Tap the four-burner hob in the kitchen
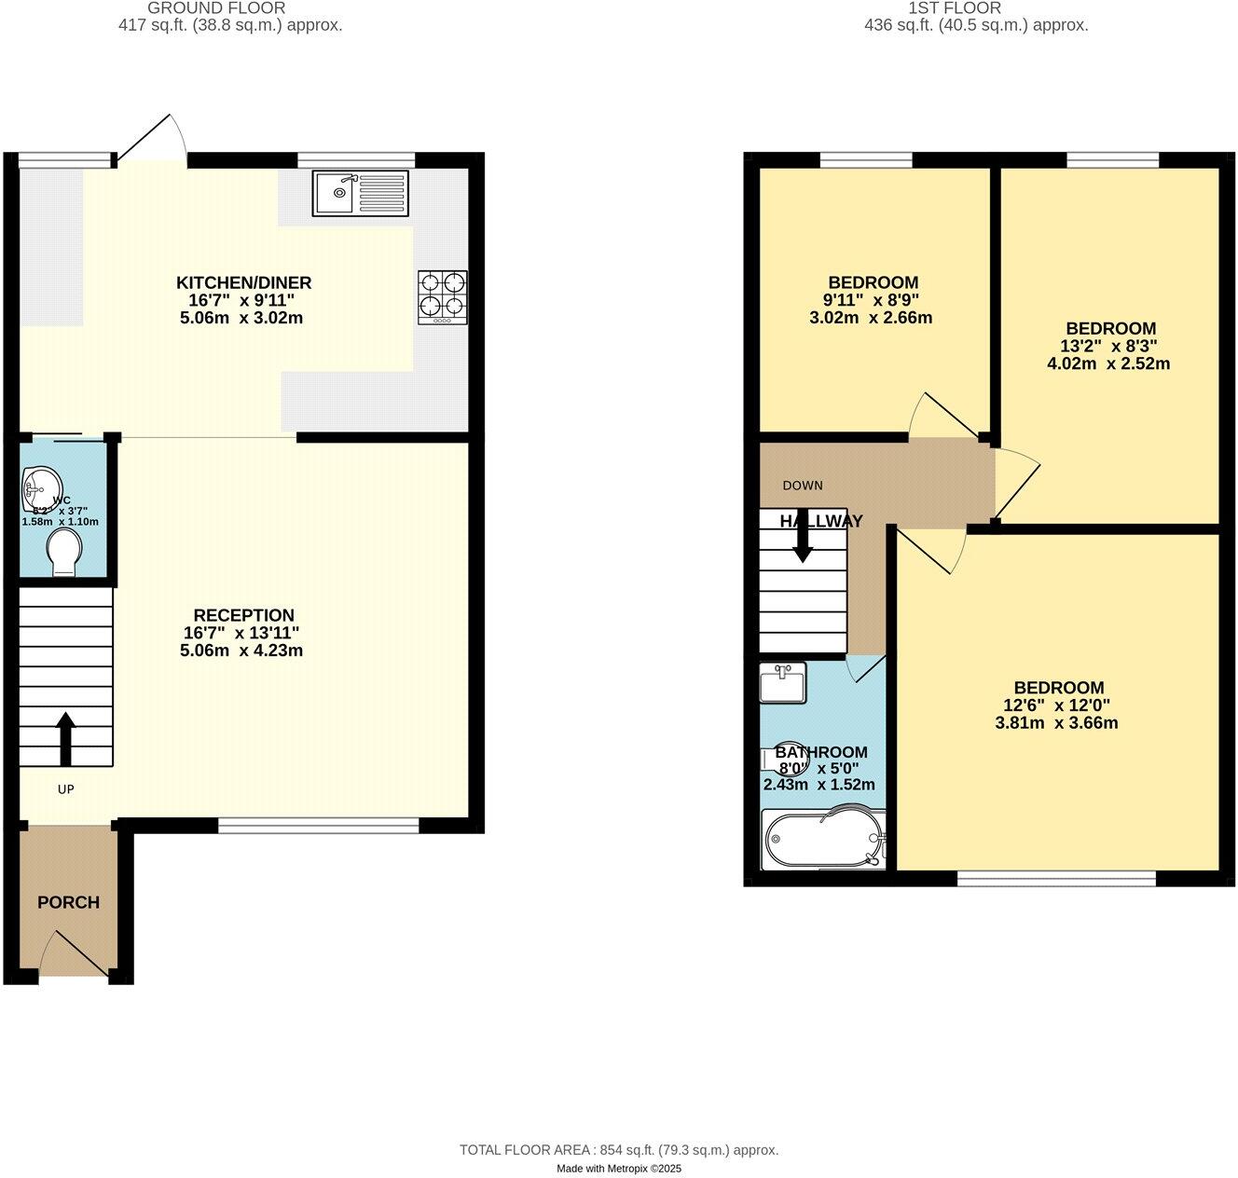(x=443, y=297)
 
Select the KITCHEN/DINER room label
(x=244, y=282)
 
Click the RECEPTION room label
(x=243, y=615)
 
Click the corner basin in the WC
(x=40, y=487)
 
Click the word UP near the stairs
(x=65, y=789)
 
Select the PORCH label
(x=68, y=902)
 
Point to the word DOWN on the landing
(x=803, y=486)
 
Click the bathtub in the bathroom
(x=821, y=840)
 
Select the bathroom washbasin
(x=782, y=682)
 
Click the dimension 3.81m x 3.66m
(x=1058, y=723)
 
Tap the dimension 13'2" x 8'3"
(x=1111, y=346)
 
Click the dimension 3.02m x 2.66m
(x=871, y=318)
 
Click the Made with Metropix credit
(x=619, y=1169)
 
